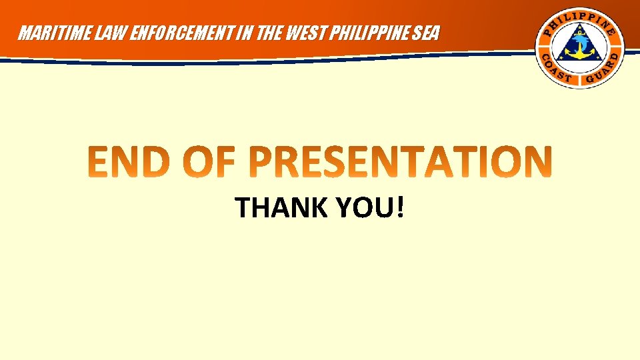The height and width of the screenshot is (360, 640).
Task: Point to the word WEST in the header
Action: pyautogui.click(x=290, y=33)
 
